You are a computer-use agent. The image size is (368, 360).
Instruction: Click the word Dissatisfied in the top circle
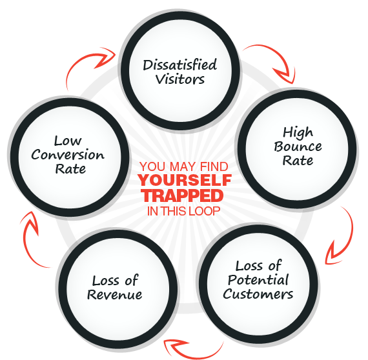pyautogui.click(x=179, y=65)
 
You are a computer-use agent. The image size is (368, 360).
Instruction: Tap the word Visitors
pyautogui.click(x=179, y=79)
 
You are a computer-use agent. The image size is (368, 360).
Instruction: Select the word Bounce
pyautogui.click(x=298, y=146)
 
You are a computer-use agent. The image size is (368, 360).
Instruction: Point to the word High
pyautogui.click(x=298, y=132)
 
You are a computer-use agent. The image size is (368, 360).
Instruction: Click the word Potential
pyautogui.click(x=258, y=279)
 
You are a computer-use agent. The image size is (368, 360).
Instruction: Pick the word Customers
pyautogui.click(x=258, y=294)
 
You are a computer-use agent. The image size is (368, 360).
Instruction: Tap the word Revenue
pyautogui.click(x=114, y=295)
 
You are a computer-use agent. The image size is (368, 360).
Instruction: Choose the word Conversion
pyautogui.click(x=68, y=155)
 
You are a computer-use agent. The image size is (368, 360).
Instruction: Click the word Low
pyautogui.click(x=68, y=141)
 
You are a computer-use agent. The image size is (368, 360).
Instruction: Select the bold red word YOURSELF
pyautogui.click(x=185, y=180)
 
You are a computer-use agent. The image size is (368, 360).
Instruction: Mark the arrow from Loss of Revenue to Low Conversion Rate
pyautogui.click(x=25, y=244)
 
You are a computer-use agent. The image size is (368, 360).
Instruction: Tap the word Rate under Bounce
pyautogui.click(x=298, y=161)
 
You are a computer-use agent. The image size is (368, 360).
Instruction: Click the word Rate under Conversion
pyautogui.click(x=70, y=169)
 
